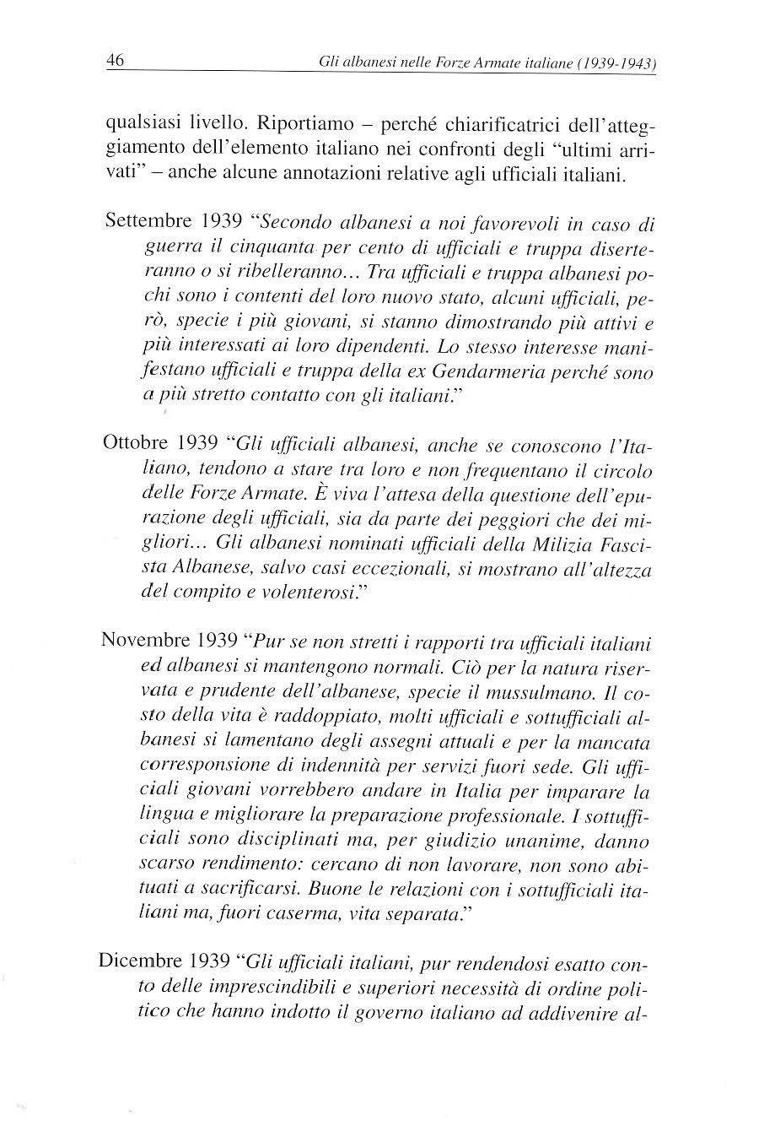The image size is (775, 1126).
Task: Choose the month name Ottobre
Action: (137, 443)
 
